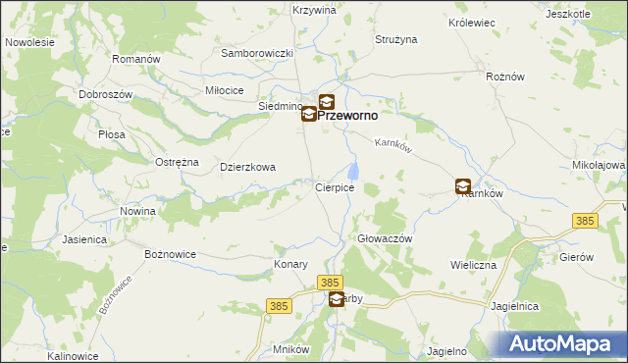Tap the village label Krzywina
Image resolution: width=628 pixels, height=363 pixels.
tap(314, 10)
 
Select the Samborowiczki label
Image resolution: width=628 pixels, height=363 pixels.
tap(258, 53)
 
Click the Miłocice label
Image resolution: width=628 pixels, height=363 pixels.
tap(224, 89)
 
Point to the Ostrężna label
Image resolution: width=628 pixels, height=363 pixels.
tap(178, 162)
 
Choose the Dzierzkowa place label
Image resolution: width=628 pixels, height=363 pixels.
tap(247, 167)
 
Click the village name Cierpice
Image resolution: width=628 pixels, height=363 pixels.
tap(334, 187)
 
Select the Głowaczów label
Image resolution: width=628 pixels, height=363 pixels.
tap(383, 238)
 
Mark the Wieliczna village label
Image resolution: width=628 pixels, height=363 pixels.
tap(474, 265)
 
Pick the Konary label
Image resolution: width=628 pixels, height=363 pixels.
tap(291, 265)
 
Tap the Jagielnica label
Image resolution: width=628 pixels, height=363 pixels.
tap(516, 306)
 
